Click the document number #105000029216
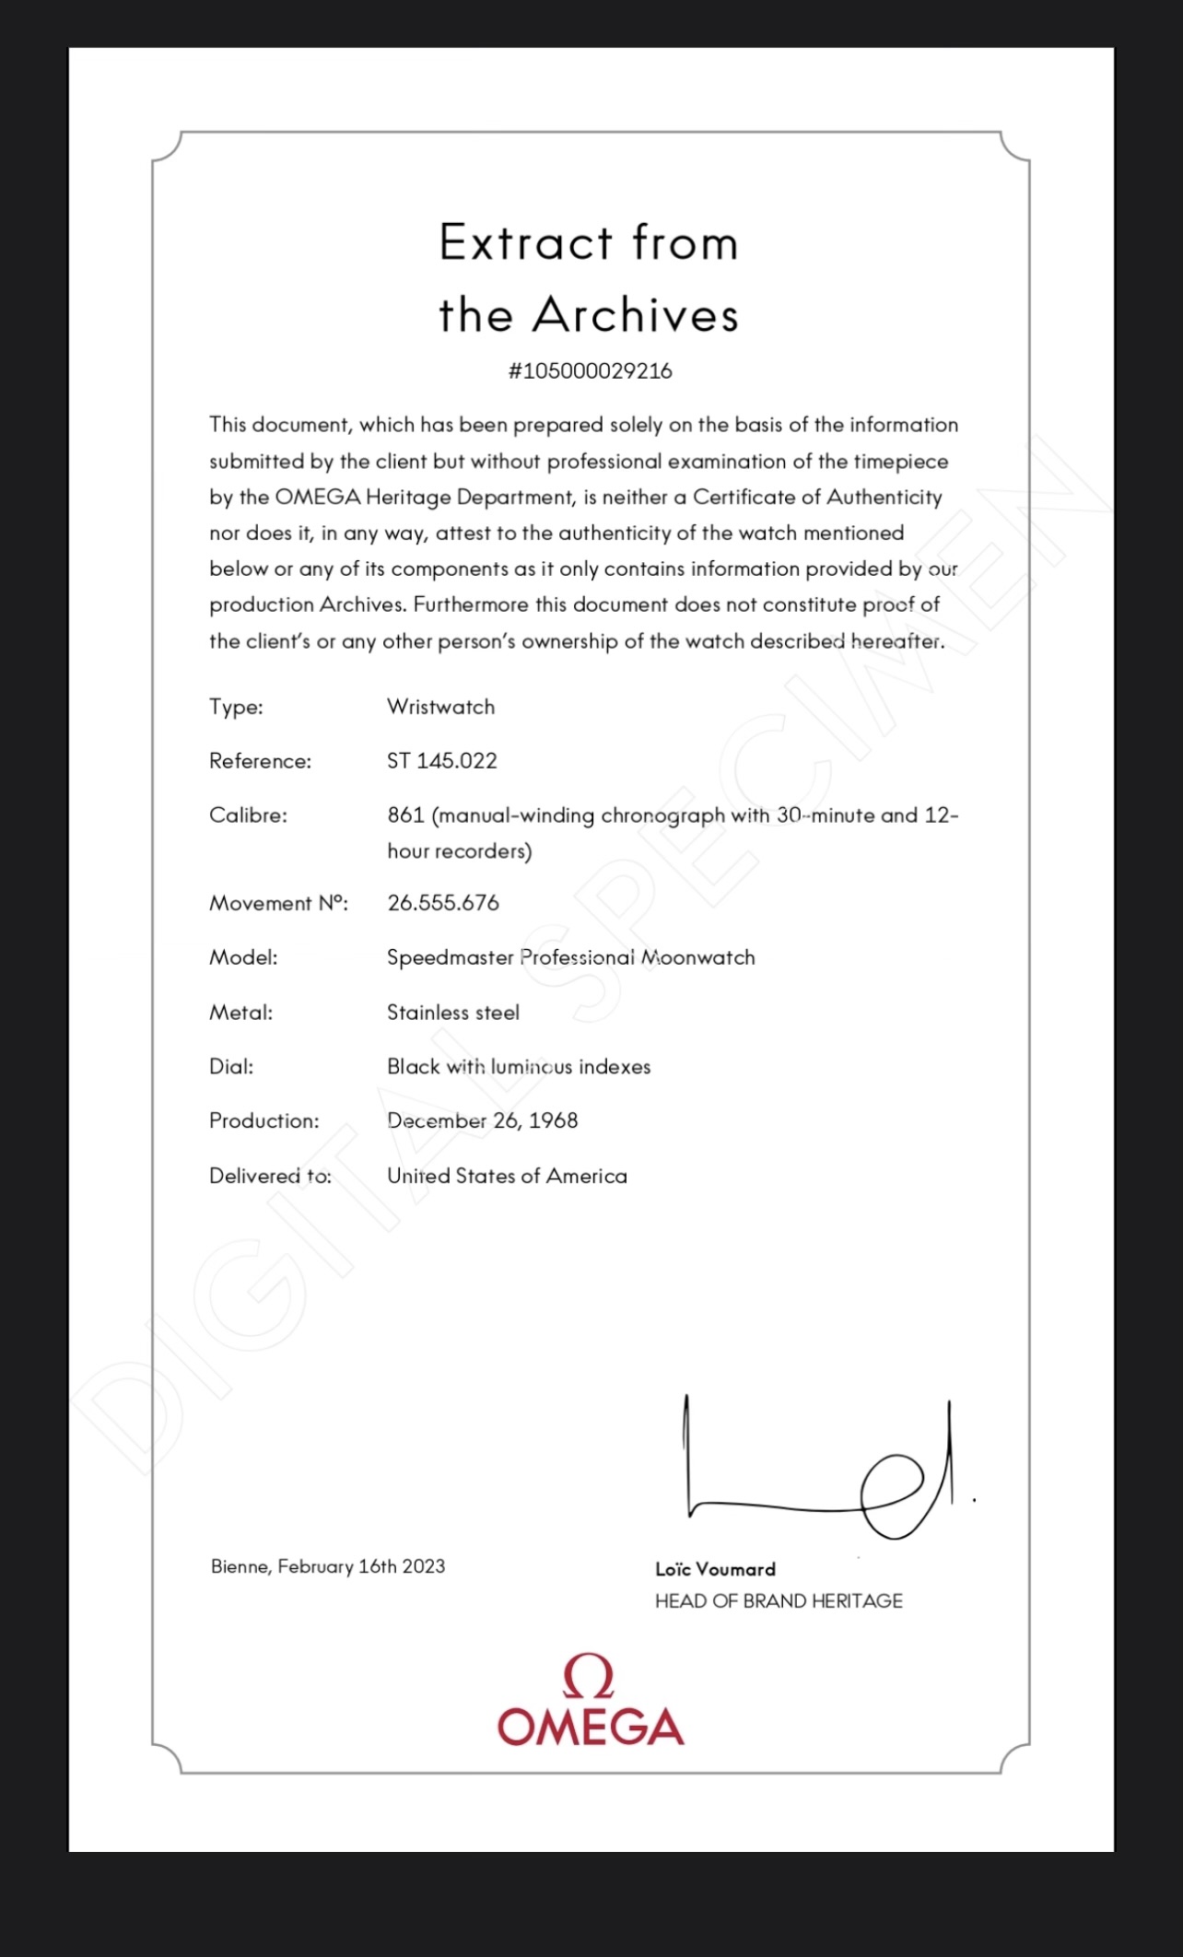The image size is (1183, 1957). [x=591, y=371]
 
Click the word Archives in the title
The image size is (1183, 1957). [x=636, y=315]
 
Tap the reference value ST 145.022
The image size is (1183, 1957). [x=441, y=761]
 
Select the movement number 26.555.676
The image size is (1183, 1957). [x=443, y=903]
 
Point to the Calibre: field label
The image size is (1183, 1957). [x=248, y=815]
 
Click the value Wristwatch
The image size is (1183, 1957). [x=440, y=707]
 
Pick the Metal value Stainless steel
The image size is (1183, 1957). [x=453, y=1013]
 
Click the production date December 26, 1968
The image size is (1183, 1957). [x=482, y=1121]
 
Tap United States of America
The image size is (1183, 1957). [x=507, y=1177]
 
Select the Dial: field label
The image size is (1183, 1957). [x=231, y=1067]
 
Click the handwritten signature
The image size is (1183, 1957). [x=820, y=1470]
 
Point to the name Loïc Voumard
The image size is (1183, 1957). [x=715, y=1569]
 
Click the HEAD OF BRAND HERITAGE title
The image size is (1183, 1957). [x=779, y=1601]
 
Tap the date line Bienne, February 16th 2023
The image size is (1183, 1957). [x=328, y=1566]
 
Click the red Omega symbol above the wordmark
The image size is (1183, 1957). [x=589, y=1677]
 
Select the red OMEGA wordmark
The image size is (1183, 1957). [x=591, y=1727]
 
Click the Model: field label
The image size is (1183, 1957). [x=243, y=958]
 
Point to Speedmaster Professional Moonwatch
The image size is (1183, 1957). [x=570, y=958]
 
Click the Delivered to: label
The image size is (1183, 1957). [x=270, y=1177]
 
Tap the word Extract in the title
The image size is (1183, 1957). [x=526, y=243]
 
